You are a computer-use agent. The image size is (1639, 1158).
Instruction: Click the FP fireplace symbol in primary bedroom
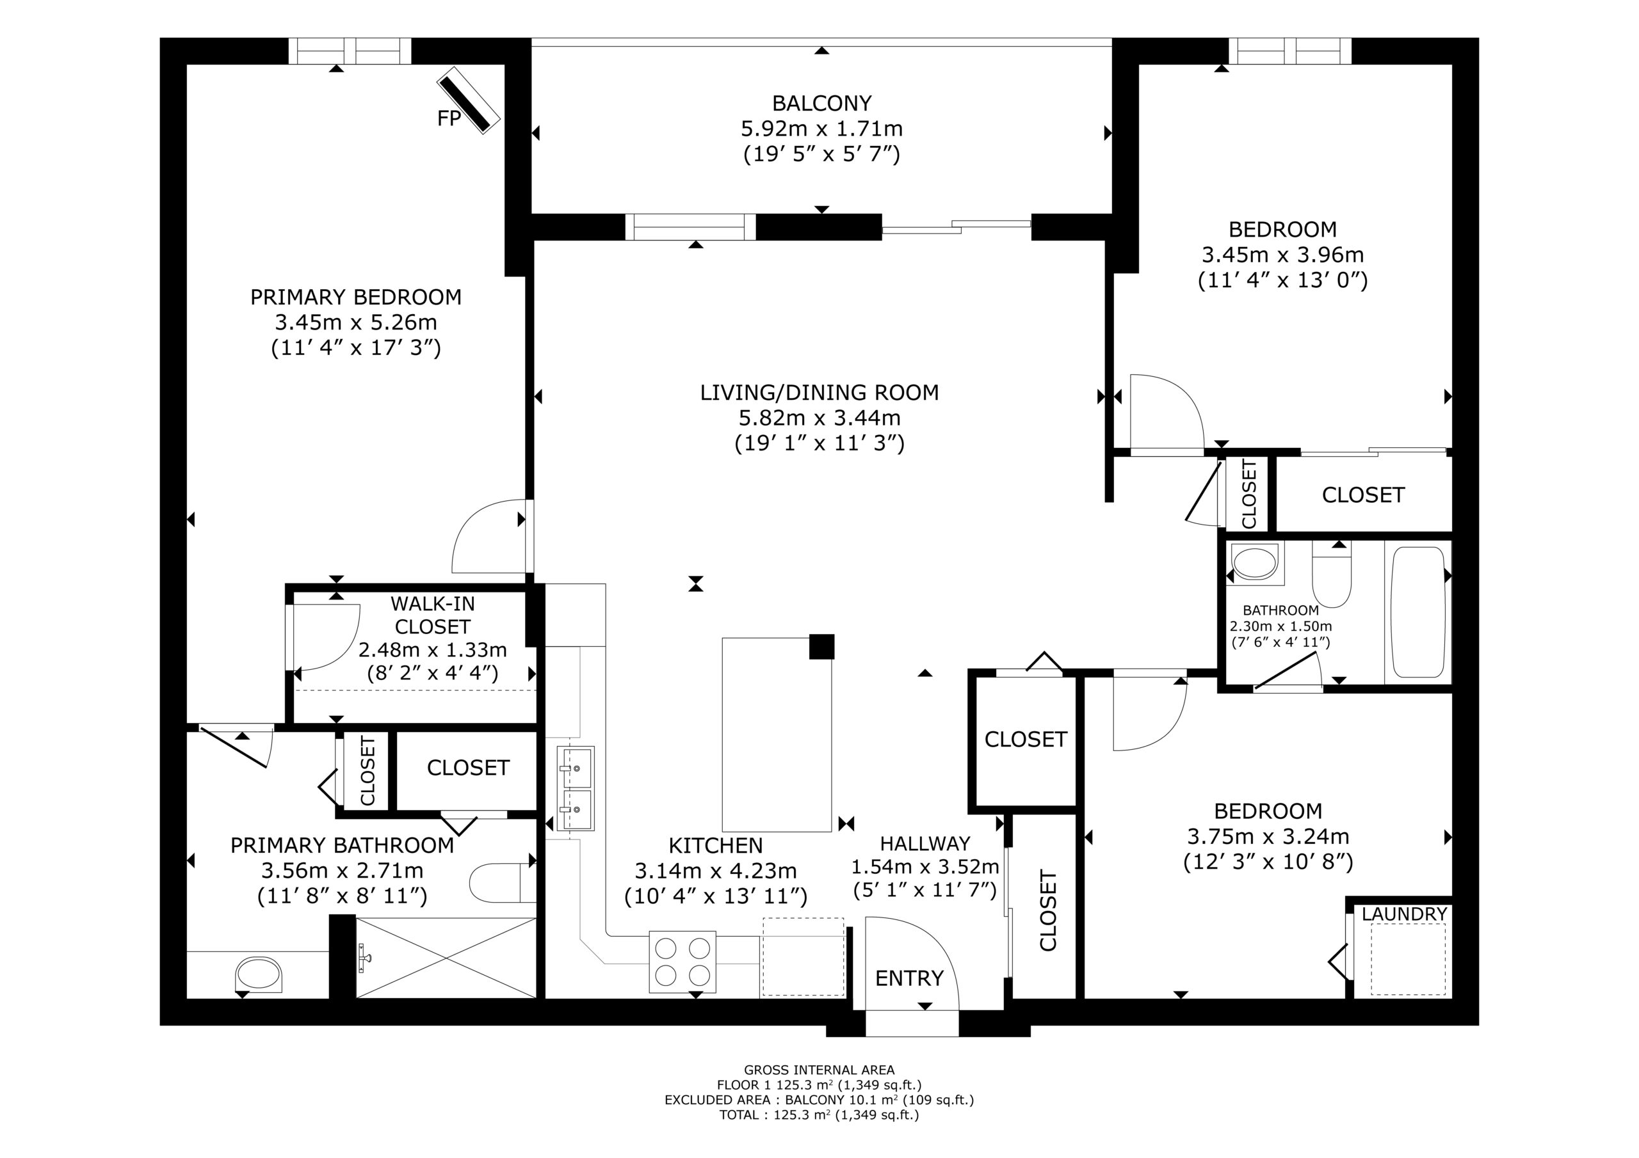click(x=468, y=100)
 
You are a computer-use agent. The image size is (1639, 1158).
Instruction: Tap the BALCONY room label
click(x=821, y=104)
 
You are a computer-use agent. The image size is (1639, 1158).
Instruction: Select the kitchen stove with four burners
click(x=682, y=961)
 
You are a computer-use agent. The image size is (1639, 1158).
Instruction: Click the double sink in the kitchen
click(x=576, y=788)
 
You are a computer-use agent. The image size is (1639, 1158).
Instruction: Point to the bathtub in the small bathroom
click(x=1417, y=612)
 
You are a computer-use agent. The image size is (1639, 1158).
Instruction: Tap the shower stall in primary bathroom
click(x=446, y=958)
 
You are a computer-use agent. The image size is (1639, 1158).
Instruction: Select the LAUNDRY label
click(x=1404, y=914)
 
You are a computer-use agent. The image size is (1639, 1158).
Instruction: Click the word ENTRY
click(x=909, y=978)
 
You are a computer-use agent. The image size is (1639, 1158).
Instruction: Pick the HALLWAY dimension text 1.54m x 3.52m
click(x=925, y=867)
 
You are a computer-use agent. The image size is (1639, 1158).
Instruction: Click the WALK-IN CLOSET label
click(x=433, y=615)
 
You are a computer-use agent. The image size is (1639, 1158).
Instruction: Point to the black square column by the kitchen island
click(x=821, y=646)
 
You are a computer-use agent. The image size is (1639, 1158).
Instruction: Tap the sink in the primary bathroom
click(x=259, y=974)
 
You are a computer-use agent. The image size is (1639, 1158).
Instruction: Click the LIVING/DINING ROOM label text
click(x=819, y=392)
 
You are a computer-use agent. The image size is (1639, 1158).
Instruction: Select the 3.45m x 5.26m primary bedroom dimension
click(x=355, y=322)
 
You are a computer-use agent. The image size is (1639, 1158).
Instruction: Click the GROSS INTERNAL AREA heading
click(x=819, y=1070)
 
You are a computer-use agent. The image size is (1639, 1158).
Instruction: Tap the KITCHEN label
click(x=715, y=846)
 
